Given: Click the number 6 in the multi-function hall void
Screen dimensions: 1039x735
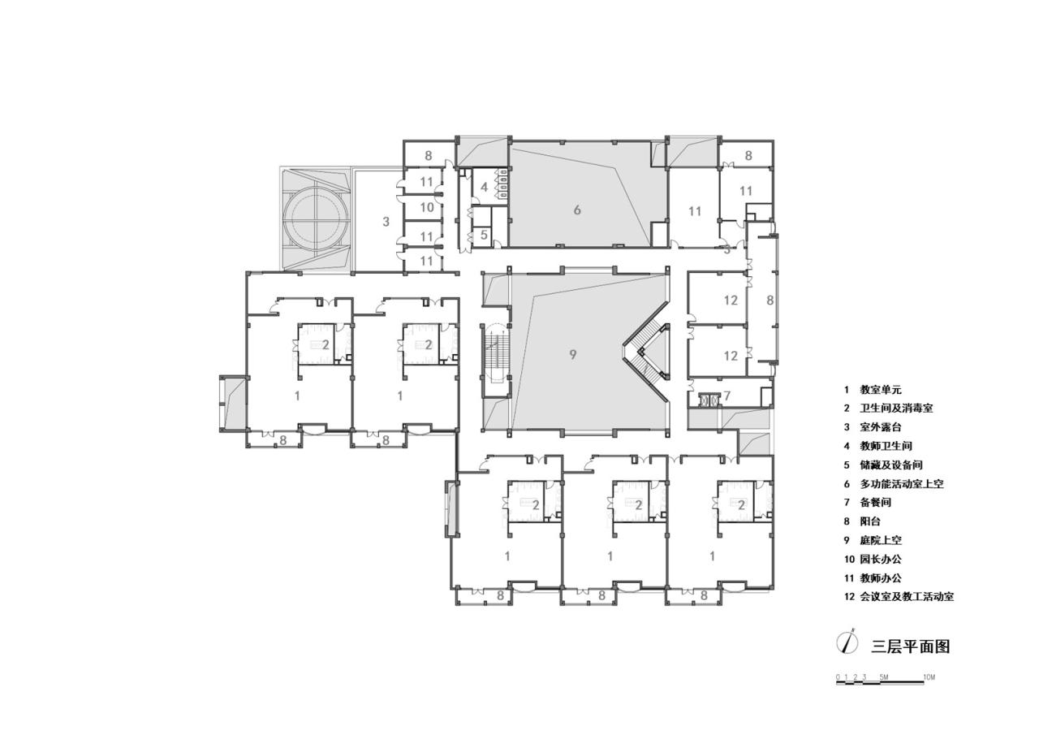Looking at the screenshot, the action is click(577, 210).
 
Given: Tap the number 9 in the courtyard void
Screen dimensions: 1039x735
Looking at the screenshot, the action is click(573, 355).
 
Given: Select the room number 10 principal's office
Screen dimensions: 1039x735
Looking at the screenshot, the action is click(427, 207).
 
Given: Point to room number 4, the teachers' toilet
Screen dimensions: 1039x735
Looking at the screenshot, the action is click(484, 188).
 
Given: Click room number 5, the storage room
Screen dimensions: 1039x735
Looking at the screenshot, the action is click(484, 235).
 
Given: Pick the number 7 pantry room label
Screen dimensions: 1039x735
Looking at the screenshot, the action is click(726, 396).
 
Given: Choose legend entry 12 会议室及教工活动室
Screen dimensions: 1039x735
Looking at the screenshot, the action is click(899, 597).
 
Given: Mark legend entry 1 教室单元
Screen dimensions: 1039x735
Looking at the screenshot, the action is click(871, 390).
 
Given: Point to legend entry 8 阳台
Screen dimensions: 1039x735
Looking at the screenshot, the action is click(862, 521).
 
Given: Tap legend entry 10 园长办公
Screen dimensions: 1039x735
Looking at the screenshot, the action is click(873, 559).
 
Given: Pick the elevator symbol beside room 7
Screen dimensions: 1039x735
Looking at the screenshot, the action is click(708, 400).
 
